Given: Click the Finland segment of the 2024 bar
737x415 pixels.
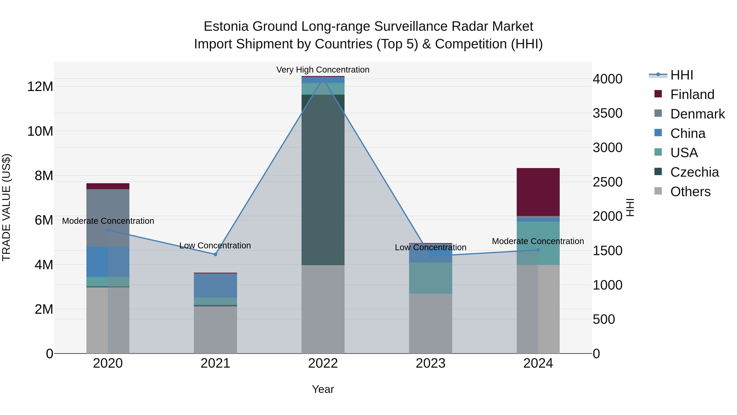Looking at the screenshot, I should [538, 192].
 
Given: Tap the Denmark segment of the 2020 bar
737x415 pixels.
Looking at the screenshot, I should [108, 218].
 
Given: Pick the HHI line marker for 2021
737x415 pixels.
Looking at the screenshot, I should [215, 254].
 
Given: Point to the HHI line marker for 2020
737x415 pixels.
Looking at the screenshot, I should [108, 230].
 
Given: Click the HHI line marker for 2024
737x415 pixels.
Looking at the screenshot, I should [538, 250].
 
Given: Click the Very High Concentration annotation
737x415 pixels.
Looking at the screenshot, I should [323, 70].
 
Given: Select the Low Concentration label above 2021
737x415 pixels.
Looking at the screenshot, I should [215, 246].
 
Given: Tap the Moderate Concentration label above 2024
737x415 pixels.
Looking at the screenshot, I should [538, 241].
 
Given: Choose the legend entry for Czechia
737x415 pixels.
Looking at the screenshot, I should [694, 172].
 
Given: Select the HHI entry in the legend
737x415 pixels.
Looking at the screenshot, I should [682, 75].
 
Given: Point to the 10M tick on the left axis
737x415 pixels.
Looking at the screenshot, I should [40, 131].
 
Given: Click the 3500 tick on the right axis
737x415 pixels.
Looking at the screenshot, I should [607, 113].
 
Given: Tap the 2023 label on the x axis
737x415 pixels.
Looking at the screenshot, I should [430, 363].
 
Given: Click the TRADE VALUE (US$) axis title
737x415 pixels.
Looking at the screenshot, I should [6, 207].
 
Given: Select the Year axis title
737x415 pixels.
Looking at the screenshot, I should [323, 389].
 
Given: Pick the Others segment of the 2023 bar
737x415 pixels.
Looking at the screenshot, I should [430, 323].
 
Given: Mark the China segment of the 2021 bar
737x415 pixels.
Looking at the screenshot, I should [215, 285].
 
